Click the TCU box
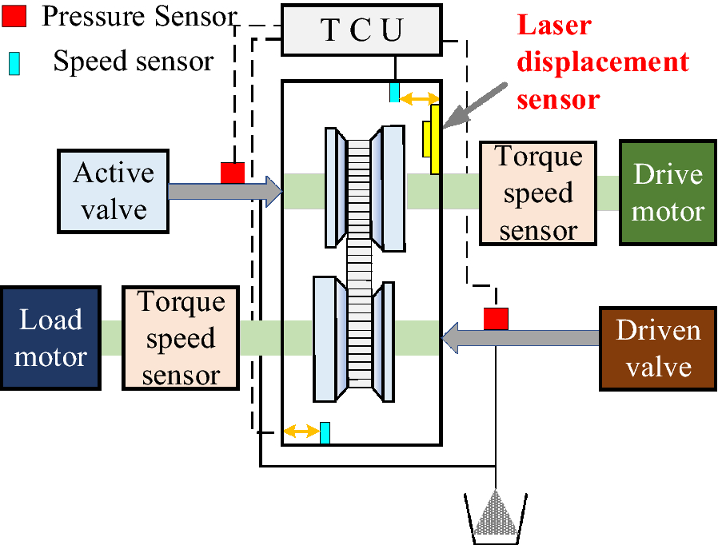pos(362,30)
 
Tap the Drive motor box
pos(668,193)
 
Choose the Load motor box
pos(50,337)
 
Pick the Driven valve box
pos(657,348)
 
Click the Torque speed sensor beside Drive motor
pos(537,193)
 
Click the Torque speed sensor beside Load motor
pos(181,339)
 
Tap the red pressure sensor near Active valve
pos(233,173)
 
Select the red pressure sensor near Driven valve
pos(496,318)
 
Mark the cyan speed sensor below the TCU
pos(394,92)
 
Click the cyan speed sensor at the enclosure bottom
pos(325,432)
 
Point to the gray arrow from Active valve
pos(225,191)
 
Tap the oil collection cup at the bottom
pos(496,516)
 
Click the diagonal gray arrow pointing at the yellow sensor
pos(475,105)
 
